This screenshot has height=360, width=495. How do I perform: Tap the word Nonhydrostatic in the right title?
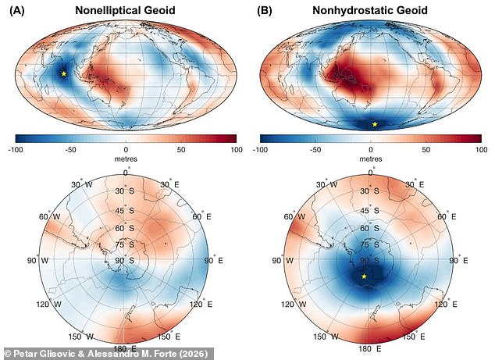[347, 12]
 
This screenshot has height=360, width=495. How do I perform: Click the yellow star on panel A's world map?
[64, 73]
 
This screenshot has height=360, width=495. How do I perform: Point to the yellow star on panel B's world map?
[375, 124]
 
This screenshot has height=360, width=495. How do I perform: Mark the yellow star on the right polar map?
[364, 276]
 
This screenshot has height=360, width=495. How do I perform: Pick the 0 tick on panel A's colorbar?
[126, 148]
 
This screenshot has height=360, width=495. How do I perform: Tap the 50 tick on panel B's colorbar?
[426, 148]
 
